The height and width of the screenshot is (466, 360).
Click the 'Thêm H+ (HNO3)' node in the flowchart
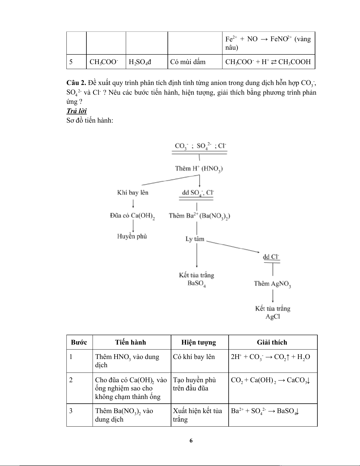point(199,169)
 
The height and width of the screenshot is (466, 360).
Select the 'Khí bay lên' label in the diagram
point(133,193)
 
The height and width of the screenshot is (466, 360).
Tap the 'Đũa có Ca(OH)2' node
point(132,216)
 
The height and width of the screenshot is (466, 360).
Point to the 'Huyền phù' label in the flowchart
point(132,236)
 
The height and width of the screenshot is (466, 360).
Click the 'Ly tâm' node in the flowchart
point(195,239)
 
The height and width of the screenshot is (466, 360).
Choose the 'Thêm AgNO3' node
point(272,284)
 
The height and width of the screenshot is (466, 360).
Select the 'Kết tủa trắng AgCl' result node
point(273,312)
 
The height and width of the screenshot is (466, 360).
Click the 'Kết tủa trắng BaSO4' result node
point(197,279)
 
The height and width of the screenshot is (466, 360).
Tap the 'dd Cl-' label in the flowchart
point(271,257)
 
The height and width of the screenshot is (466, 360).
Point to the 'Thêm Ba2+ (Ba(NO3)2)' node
point(200,216)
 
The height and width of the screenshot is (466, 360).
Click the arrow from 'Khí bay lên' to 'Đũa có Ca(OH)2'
point(134,204)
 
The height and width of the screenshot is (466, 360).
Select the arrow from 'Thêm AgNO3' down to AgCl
point(273,296)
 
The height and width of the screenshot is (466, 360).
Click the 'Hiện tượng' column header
point(199,342)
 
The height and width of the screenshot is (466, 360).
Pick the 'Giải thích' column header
point(272,342)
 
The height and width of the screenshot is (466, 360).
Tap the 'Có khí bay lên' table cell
point(194,357)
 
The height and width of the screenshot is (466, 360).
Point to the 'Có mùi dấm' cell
point(188,62)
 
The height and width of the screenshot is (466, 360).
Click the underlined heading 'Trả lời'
point(76,111)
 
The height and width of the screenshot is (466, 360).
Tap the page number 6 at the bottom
point(191,440)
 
